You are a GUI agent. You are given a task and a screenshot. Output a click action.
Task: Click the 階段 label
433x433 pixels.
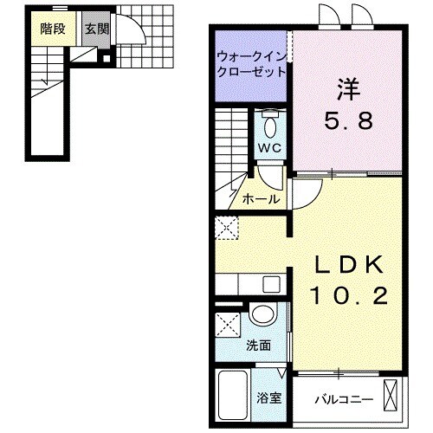coord(54,28)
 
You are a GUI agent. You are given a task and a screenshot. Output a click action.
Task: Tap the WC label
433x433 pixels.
coord(270,147)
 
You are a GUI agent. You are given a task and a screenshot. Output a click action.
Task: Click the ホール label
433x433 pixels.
coord(262,199)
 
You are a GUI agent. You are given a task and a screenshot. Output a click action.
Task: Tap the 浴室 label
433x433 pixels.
coord(268,398)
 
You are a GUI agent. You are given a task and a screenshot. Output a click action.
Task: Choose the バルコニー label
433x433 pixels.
coord(343,399)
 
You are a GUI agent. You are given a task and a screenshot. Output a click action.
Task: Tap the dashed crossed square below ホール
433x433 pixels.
coord(228,229)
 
